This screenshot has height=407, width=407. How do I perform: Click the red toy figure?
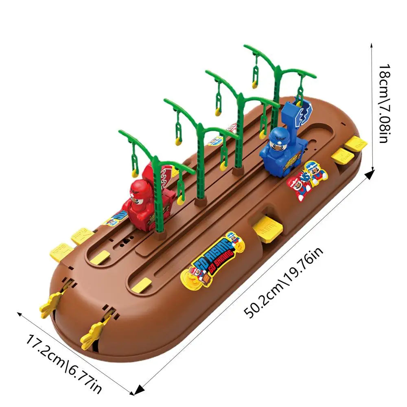pyautogui.click(x=140, y=206)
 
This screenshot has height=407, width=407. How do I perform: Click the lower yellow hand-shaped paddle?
pyautogui.click(x=94, y=332)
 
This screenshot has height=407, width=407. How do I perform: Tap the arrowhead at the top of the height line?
pyautogui.click(x=371, y=45)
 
